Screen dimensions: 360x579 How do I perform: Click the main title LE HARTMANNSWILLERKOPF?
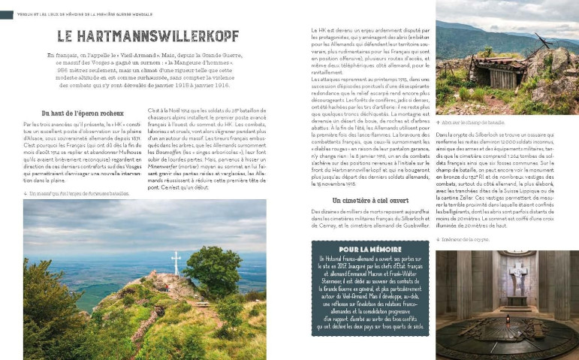[x=148, y=35]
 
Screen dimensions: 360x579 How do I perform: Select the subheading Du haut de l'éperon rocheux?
[x=81, y=113]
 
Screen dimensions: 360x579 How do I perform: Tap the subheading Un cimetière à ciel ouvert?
[x=370, y=201]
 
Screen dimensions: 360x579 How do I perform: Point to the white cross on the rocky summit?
[x=176, y=262]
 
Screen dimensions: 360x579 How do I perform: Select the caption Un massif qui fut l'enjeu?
[x=76, y=193]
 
